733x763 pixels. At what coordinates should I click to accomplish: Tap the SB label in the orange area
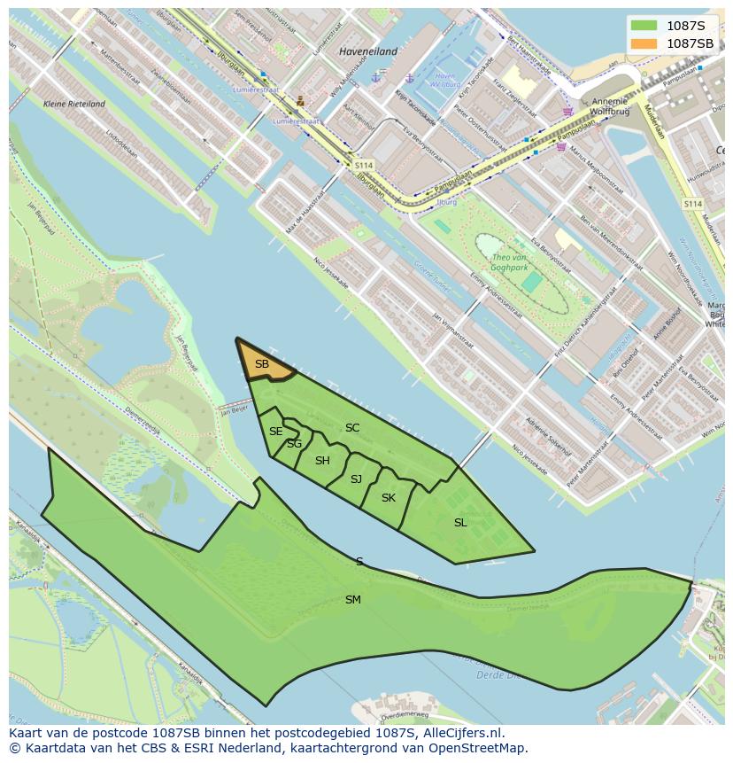[262, 364]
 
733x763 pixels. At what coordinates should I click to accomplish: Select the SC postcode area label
[352, 428]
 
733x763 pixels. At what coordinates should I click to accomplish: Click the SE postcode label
[276, 432]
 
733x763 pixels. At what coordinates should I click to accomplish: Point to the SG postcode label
[294, 444]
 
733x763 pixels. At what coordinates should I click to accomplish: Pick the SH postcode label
[322, 461]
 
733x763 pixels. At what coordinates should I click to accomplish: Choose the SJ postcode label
[356, 479]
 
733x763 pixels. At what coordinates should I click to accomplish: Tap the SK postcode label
[389, 498]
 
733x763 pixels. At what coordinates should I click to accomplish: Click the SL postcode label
[460, 523]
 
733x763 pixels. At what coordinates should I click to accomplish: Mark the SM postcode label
[353, 600]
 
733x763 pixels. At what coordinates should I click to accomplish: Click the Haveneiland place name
[368, 51]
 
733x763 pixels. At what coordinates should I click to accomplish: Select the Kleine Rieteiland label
[74, 104]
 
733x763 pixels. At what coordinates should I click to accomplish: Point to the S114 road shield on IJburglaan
[364, 166]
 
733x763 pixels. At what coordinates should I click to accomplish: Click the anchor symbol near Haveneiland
[374, 77]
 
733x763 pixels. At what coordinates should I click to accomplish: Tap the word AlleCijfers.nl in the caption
[463, 734]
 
